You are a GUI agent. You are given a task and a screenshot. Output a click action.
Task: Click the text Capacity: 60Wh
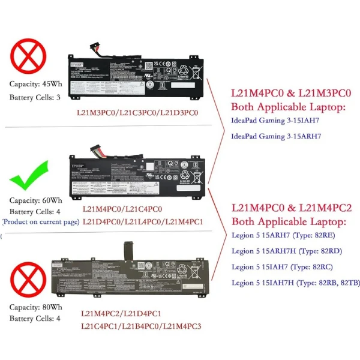tap(35, 200)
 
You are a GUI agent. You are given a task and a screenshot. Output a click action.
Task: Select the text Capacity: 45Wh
tap(35, 85)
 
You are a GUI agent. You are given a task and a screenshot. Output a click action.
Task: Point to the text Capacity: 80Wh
tap(35, 307)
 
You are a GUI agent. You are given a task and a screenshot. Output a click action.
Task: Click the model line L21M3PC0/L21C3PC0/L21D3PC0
tap(137, 112)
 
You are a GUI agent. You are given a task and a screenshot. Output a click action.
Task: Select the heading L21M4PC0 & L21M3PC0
tap(291, 94)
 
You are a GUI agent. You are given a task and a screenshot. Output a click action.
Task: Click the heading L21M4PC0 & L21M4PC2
tap(292, 209)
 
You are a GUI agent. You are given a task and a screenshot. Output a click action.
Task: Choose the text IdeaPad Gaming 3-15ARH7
tap(276, 136)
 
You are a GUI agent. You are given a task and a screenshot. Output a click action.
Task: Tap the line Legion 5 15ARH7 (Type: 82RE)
tap(282, 236)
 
